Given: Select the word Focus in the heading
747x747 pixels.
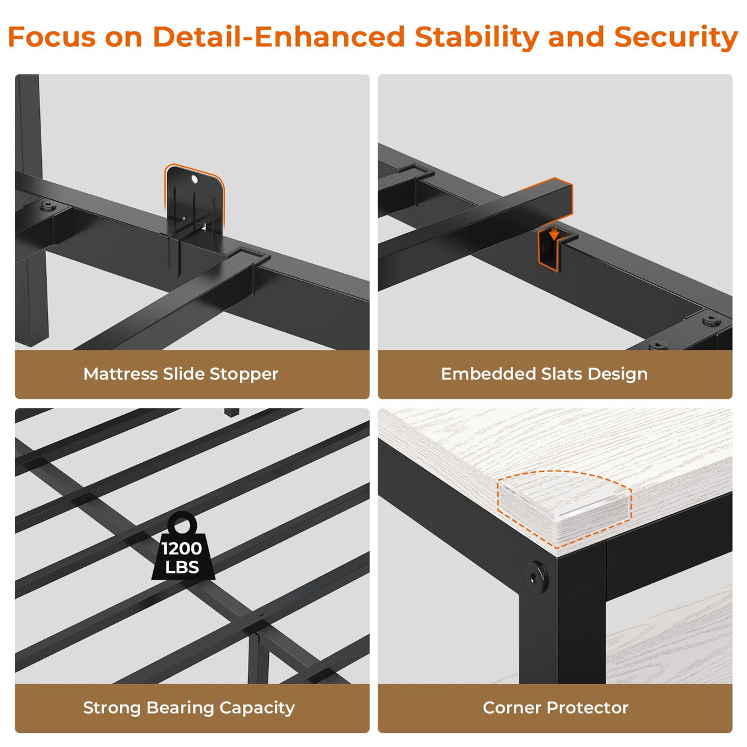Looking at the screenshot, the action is click(52, 37).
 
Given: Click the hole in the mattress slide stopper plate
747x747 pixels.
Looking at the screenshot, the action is click(194, 178).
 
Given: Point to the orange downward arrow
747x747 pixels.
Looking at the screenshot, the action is click(554, 234).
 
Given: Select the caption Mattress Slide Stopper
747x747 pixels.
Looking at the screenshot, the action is click(181, 374).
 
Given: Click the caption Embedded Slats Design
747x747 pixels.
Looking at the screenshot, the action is click(544, 374).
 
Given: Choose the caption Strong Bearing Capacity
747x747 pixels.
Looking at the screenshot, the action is click(189, 708).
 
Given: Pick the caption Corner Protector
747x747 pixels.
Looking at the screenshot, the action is click(555, 708).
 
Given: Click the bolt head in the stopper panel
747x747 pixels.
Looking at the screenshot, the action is click(47, 205).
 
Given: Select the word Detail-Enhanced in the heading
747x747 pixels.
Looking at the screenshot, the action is click(279, 37).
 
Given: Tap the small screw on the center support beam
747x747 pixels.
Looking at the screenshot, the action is click(260, 613).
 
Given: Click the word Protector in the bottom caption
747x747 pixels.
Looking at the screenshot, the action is click(587, 708).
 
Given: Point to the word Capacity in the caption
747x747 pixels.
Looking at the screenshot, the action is click(257, 708).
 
